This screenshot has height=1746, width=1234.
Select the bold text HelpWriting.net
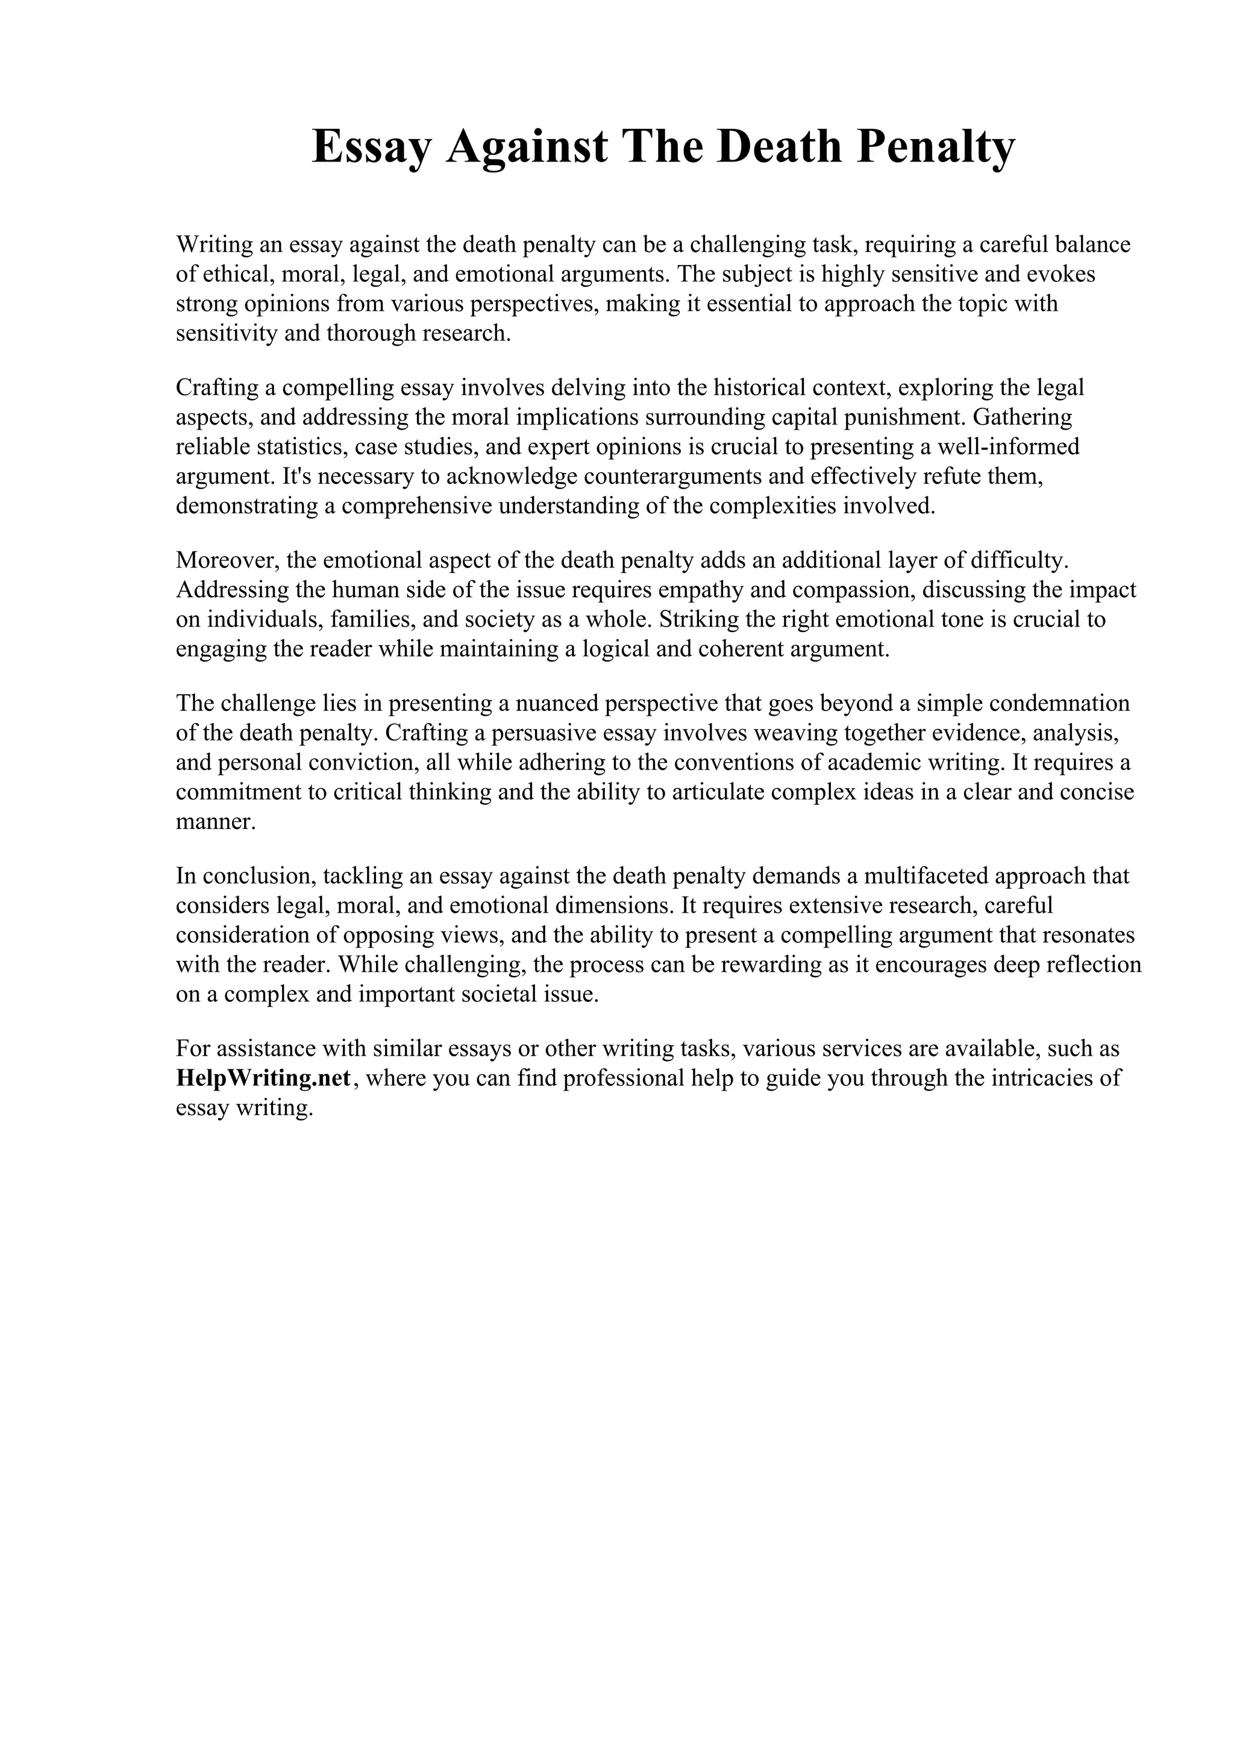[263, 1078]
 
